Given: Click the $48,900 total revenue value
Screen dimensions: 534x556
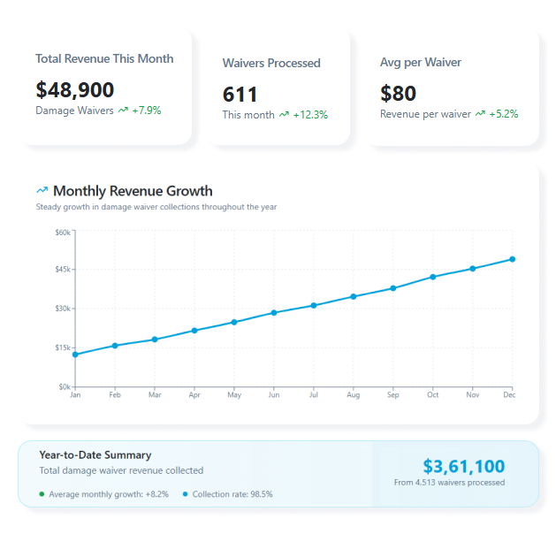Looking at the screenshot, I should [x=74, y=89].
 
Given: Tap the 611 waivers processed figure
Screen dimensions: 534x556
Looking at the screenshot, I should [x=240, y=94].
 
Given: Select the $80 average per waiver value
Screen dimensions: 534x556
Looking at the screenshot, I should [x=398, y=93].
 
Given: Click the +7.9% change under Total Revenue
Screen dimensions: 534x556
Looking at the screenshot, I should [x=146, y=111].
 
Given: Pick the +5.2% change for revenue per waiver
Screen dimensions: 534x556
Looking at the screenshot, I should [x=503, y=114].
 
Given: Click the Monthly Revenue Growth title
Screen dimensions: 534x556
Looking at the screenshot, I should [x=133, y=190].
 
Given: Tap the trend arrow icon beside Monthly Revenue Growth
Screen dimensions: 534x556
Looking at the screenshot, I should [x=42, y=190].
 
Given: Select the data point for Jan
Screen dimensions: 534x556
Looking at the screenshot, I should [x=75, y=355].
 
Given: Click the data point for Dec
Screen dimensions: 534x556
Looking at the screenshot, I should [x=512, y=259].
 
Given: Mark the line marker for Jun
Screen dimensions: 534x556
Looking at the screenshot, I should [x=274, y=313].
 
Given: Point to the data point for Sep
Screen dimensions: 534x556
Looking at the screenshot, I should [x=393, y=288].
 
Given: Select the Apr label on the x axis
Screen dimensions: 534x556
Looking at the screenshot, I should [x=194, y=395].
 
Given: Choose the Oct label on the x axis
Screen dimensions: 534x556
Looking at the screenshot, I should [x=432, y=395].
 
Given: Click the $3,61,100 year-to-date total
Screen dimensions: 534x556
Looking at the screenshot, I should [x=463, y=466].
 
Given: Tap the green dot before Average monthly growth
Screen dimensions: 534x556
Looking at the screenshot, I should [x=42, y=494].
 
